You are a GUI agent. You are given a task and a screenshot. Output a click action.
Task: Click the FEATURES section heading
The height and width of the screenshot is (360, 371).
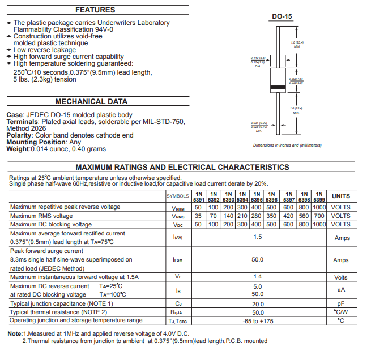click(95, 10)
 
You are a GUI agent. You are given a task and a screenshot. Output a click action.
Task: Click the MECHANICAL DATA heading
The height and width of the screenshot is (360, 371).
click(91, 102)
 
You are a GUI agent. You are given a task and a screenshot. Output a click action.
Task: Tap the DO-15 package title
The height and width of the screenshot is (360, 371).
click(282, 17)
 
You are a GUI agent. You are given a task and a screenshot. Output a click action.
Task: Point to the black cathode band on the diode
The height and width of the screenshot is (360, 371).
click(278, 87)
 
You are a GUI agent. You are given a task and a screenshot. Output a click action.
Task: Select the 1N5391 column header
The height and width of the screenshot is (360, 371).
click(199, 196)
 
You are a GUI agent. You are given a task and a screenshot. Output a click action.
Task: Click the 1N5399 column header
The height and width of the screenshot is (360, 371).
click(319, 196)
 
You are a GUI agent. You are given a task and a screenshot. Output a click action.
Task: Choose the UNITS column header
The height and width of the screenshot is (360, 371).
click(341, 196)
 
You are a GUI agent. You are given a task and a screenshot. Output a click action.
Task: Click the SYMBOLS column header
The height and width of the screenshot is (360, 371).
click(178, 196)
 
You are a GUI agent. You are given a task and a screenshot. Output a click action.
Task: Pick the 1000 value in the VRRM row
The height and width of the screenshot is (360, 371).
click(319, 207)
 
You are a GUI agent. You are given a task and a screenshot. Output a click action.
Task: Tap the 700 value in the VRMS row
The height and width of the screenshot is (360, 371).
click(319, 216)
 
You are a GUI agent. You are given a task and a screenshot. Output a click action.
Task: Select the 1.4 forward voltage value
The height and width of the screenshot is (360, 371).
click(258, 277)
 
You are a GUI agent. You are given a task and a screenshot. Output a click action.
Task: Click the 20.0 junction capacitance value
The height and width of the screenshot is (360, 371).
click(258, 304)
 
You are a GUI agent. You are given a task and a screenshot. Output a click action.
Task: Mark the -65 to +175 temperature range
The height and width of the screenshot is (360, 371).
click(258, 321)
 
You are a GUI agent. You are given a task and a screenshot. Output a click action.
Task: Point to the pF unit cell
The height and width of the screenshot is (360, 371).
click(341, 304)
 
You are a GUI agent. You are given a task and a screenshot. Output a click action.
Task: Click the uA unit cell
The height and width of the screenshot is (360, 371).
click(341, 290)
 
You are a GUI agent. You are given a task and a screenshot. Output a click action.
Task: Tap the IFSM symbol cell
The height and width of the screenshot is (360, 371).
click(178, 260)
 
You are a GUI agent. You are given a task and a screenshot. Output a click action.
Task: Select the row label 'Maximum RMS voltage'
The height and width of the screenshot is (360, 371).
click(41, 216)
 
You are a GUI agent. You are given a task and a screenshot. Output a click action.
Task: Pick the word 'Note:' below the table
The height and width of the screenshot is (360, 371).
click(15, 333)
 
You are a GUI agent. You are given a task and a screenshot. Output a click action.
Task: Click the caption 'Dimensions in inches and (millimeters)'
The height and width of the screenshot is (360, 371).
click(287, 145)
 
